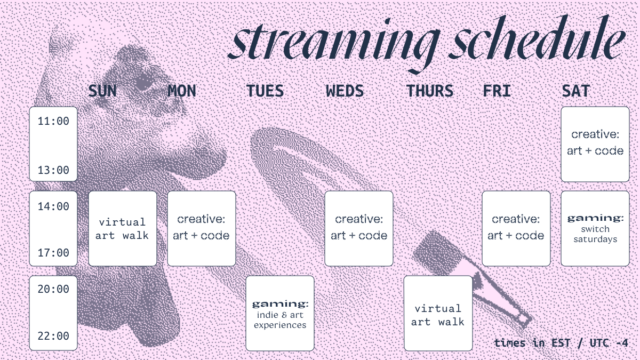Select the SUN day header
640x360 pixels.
coord(102,91)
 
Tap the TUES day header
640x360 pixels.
coord(265,91)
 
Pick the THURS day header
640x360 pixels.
coord(430,91)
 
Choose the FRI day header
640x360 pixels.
coord(497,91)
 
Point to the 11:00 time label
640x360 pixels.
coord(53,121)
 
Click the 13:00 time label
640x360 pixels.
coord(53,170)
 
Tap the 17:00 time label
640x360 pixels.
coord(53,253)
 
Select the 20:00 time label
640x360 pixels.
coord(53,289)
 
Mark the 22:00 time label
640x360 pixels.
coord(53,336)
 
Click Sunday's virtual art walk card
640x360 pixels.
coord(123,229)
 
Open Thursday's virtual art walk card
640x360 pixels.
coord(438,313)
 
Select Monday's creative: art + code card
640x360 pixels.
coord(202,229)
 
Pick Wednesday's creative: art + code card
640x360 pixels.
coord(359,229)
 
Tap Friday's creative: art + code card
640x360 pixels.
coord(516,229)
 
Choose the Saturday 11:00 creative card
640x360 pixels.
coord(595,144)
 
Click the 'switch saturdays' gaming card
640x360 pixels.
coord(595,229)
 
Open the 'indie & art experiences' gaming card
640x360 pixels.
coord(280,313)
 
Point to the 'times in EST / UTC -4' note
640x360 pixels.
coord(561,343)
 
